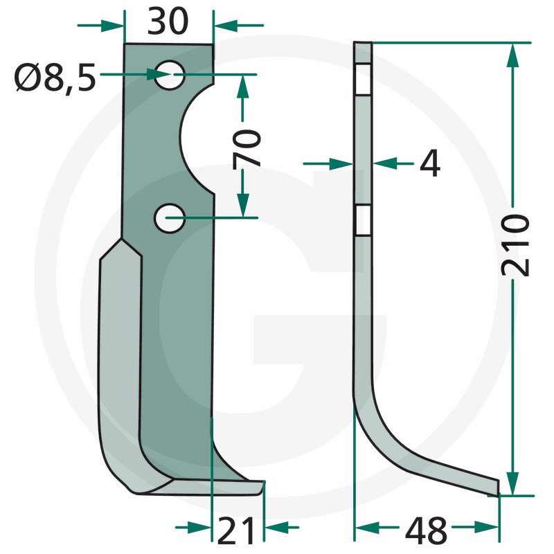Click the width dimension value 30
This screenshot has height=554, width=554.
(168, 22)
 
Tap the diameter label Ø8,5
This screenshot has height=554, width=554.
(55, 77)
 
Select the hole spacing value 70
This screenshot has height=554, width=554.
(247, 148)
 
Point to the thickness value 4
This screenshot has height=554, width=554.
(430, 163)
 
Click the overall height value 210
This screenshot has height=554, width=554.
(515, 245)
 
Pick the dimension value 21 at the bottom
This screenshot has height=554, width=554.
(236, 530)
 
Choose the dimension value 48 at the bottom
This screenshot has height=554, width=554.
(426, 530)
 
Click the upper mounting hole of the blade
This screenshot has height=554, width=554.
(170, 75)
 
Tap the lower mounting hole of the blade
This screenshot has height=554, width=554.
(170, 218)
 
